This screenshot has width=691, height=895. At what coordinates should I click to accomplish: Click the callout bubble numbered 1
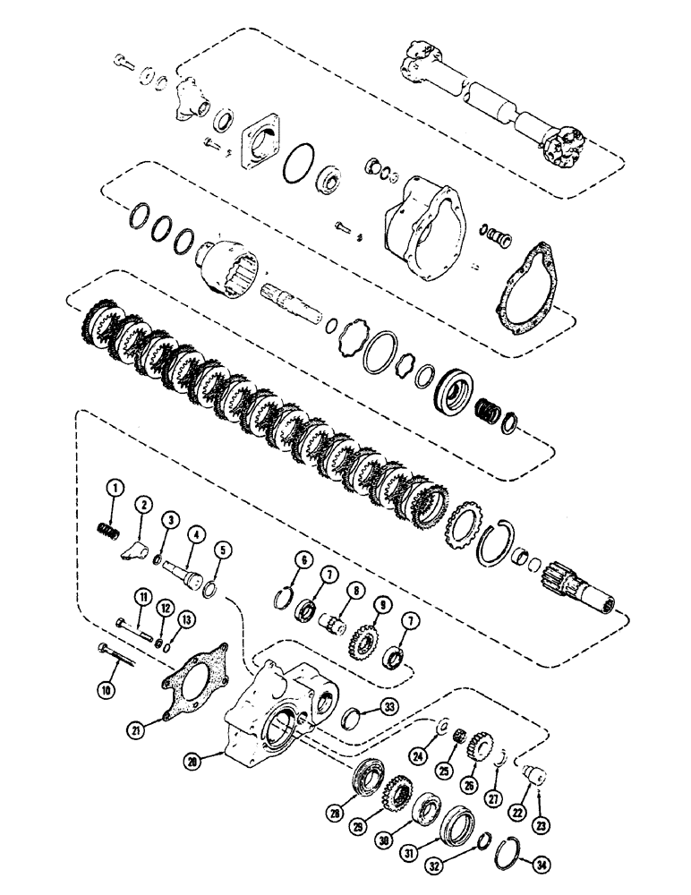(x=115, y=488)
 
